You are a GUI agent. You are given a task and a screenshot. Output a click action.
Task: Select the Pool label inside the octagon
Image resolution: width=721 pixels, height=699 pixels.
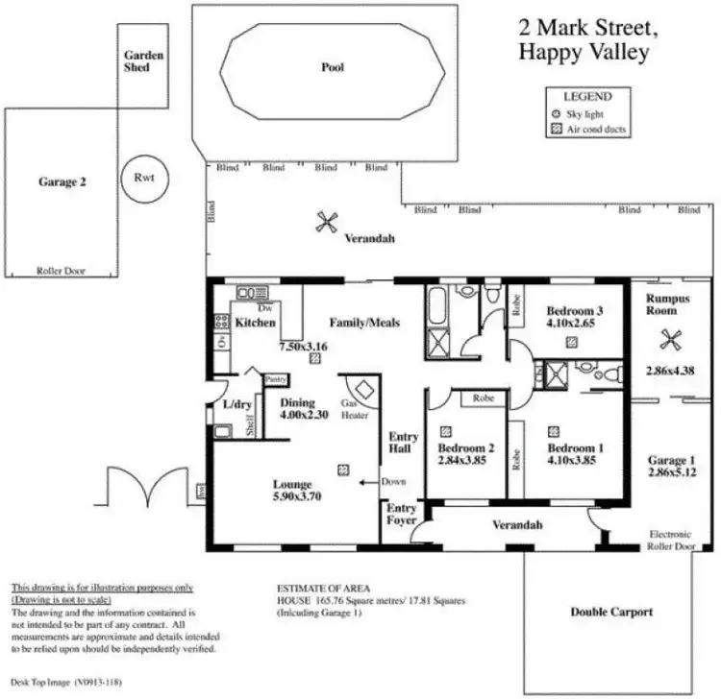pyautogui.click(x=333, y=67)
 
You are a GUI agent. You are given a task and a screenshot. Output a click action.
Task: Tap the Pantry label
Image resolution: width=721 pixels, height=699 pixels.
pyautogui.click(x=274, y=379)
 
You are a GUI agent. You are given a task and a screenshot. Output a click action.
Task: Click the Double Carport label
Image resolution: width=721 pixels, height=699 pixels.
pyautogui.click(x=611, y=611)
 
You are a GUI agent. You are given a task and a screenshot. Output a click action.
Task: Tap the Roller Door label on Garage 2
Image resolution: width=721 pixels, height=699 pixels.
pyautogui.click(x=61, y=271)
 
